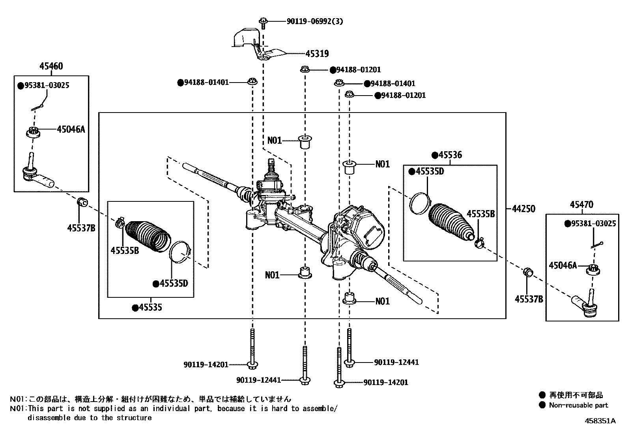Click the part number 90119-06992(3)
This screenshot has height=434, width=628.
coord(314,21)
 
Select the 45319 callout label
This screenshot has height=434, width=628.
coord(317,54)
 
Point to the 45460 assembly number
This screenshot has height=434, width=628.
coord(51,66)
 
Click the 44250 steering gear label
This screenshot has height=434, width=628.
coord(523,209)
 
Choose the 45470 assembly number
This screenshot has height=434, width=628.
coord(581,205)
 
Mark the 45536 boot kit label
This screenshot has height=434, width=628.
coord(450,155)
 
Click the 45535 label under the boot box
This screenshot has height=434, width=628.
coord(150,307)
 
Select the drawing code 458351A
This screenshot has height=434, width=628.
coord(600,421)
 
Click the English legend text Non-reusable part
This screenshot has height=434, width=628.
coord(578,405)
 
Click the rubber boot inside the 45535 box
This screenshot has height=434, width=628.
coord(148,235)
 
